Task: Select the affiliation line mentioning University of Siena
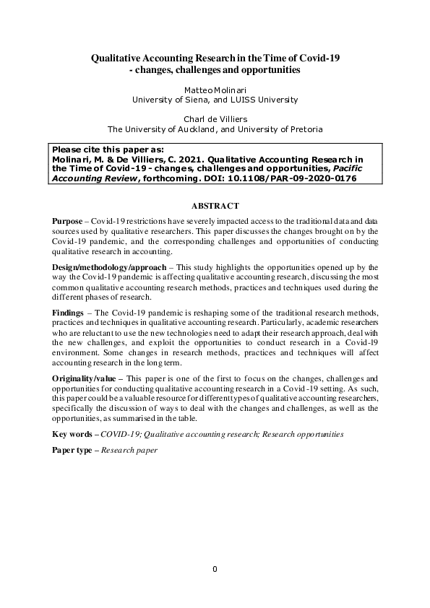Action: click(215, 100)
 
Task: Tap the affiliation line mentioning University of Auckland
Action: click(215, 130)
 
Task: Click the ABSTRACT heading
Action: click(215, 206)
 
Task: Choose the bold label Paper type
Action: click(74, 450)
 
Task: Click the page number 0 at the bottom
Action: click(215, 569)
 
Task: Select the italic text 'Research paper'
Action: click(129, 450)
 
